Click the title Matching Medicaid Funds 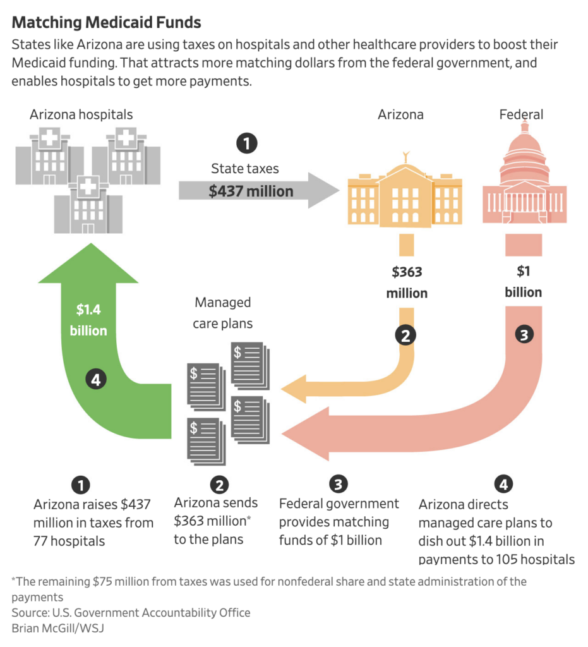(x=106, y=23)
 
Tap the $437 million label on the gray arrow (x=251, y=191)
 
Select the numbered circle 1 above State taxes (x=246, y=144)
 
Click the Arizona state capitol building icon (x=405, y=193)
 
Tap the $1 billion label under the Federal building (x=524, y=282)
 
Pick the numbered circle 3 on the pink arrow (x=524, y=335)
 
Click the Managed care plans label (x=223, y=313)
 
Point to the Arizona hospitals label (x=81, y=114)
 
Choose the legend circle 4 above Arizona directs (x=503, y=485)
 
